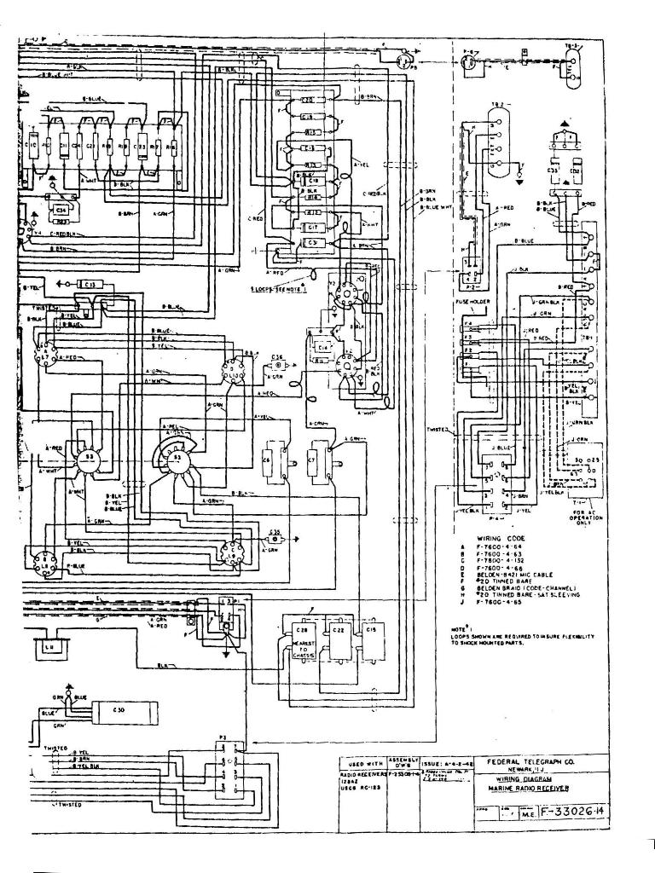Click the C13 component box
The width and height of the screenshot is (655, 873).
tap(90, 283)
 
